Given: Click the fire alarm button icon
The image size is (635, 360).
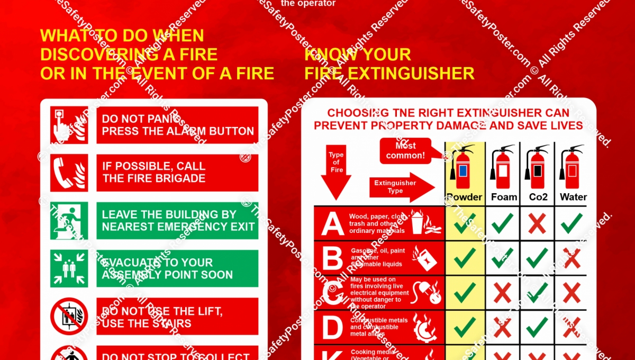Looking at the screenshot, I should (69, 125).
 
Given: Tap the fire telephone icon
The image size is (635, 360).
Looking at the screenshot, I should (69, 173).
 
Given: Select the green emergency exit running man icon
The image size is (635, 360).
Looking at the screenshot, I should (69, 220).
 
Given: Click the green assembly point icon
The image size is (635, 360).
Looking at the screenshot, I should (69, 268).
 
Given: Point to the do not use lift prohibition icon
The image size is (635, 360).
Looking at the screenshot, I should (69, 316).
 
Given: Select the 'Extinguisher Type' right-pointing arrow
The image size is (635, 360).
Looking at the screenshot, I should (401, 187).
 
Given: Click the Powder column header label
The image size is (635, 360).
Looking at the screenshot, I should (465, 197).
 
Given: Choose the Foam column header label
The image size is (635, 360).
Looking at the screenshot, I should (503, 197).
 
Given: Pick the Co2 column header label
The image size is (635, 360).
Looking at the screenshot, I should (538, 197).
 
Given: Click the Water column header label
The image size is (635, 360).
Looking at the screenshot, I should (573, 197).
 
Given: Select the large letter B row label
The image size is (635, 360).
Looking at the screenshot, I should (333, 258).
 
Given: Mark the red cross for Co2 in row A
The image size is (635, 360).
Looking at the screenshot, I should (537, 224).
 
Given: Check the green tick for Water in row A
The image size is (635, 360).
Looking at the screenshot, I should (572, 224).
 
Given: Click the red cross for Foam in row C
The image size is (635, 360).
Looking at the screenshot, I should (502, 293).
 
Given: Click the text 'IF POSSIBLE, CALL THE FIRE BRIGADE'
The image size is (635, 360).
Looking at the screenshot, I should (154, 173).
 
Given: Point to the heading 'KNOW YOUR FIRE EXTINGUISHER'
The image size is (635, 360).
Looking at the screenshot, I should (389, 64).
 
